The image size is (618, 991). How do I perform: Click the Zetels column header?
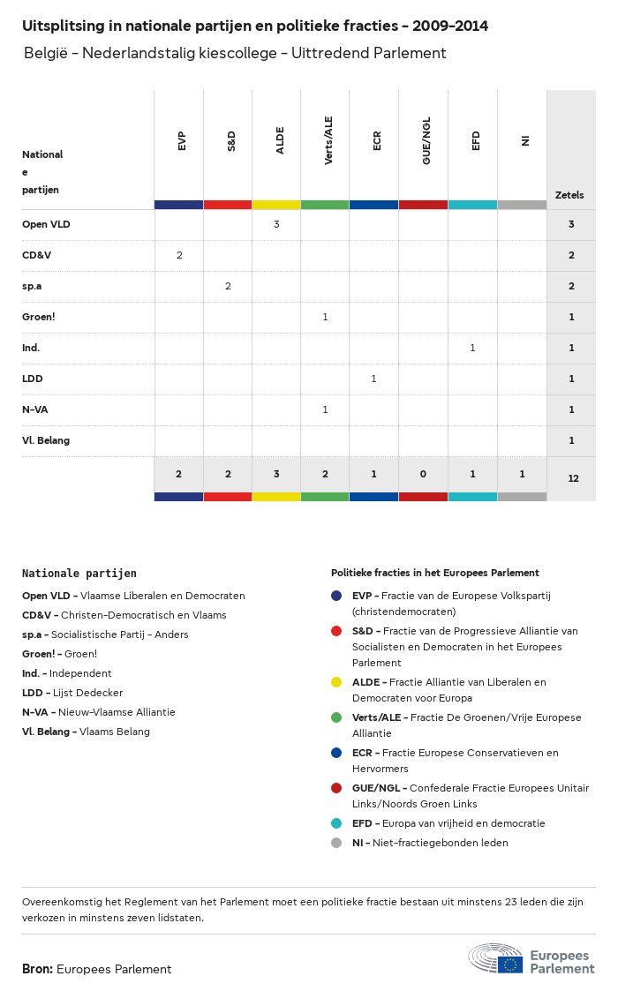pos(569,195)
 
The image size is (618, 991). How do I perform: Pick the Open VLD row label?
pos(46,224)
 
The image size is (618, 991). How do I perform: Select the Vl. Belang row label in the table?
pos(46,440)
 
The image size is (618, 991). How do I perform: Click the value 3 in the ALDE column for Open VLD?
pos(276,224)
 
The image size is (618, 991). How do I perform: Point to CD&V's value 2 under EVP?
pos(179,255)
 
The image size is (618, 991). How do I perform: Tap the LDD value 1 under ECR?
pos(373,379)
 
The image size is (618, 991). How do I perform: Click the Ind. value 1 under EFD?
pos(472,348)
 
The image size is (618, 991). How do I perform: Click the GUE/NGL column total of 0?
pos(423,474)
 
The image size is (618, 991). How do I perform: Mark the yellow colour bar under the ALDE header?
pos(276,205)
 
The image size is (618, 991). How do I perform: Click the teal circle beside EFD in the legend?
pos(336,823)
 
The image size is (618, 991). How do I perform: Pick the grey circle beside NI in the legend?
pos(336,843)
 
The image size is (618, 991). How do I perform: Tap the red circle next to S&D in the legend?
pos(336,631)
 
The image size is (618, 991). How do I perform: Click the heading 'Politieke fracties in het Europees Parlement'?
pos(434,573)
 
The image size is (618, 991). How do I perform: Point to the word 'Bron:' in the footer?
pos(37,969)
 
